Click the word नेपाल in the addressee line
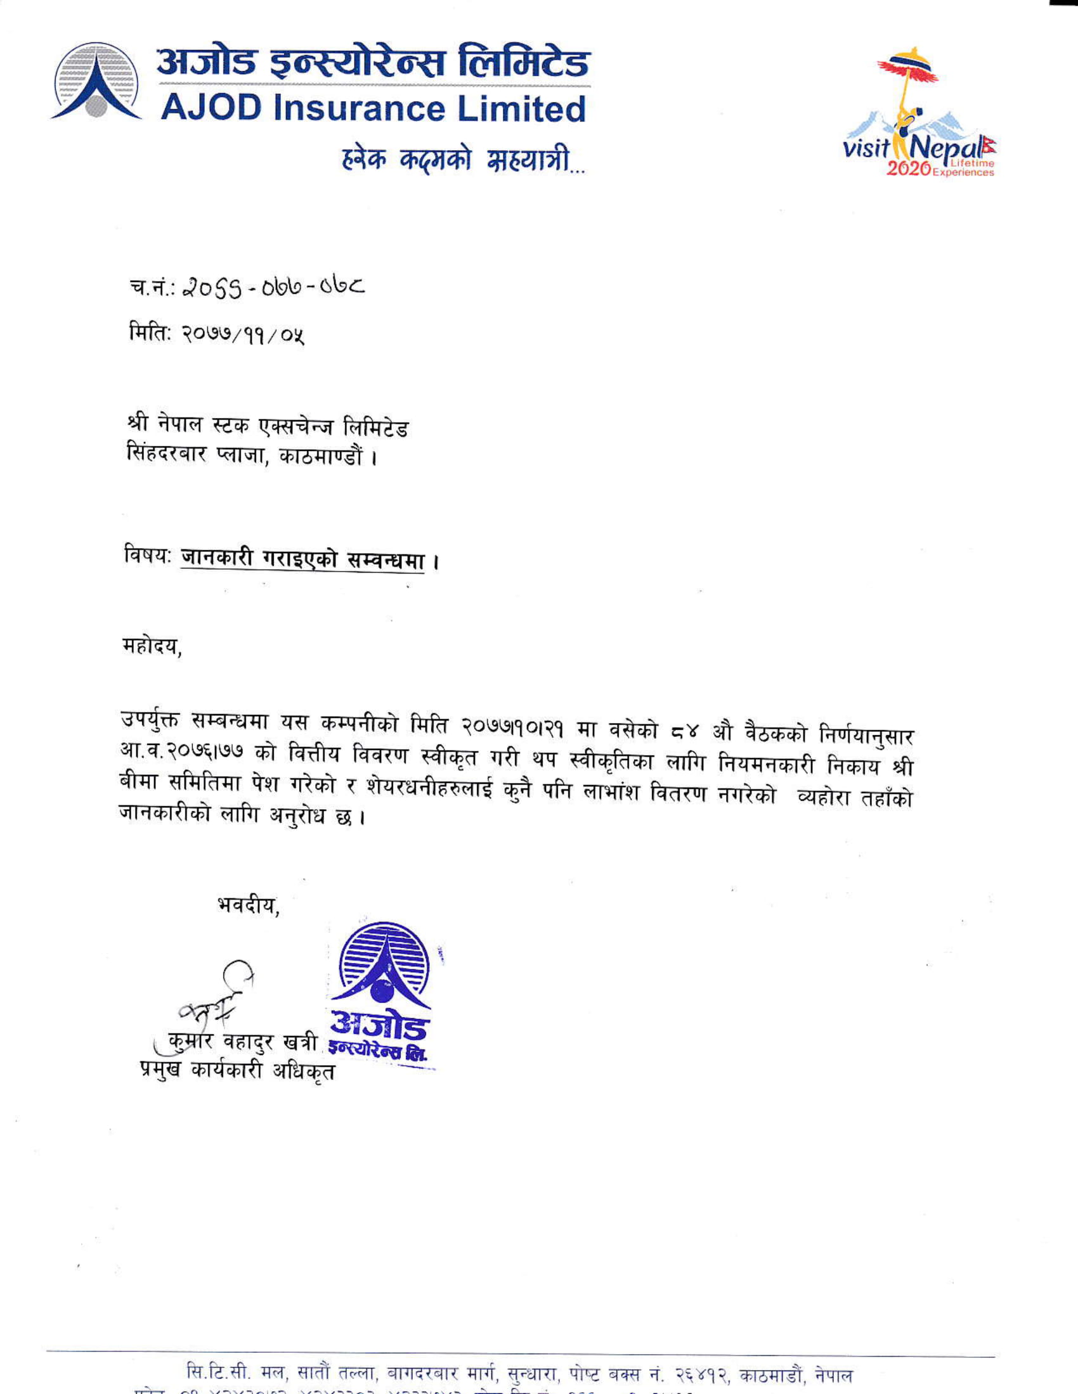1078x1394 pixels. point(185,425)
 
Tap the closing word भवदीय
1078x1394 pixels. point(249,905)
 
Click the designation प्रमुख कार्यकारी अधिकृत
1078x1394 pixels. point(237,1070)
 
